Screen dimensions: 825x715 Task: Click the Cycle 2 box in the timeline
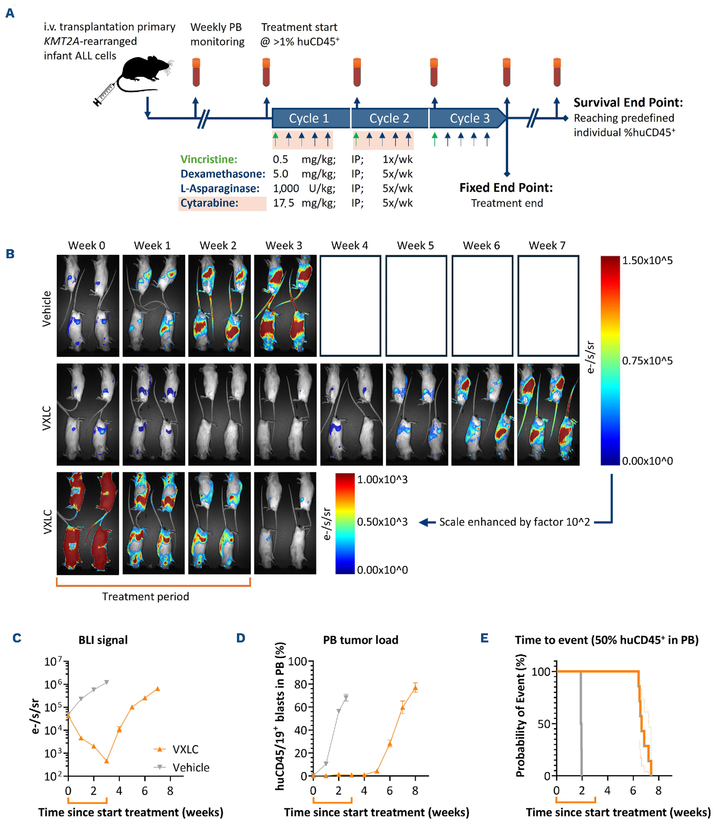389,118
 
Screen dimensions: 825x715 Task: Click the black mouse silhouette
146,72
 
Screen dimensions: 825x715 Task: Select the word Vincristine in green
209,159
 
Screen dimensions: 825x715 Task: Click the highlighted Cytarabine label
210,203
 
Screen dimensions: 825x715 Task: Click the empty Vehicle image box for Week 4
350,306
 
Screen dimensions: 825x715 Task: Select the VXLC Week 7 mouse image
548,414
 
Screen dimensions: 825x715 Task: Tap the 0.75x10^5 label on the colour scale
647,361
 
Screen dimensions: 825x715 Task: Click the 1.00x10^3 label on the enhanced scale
382,479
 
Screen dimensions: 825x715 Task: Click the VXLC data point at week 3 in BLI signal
107,761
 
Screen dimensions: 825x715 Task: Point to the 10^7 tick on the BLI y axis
53,662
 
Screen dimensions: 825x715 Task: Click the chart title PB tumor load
360,640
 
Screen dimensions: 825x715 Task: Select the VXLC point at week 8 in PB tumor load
415,688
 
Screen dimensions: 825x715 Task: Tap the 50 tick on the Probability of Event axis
544,723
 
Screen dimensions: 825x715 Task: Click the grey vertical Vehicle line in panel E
581,727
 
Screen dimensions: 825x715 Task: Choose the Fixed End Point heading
506,188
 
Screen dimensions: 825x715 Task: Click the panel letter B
10,254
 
